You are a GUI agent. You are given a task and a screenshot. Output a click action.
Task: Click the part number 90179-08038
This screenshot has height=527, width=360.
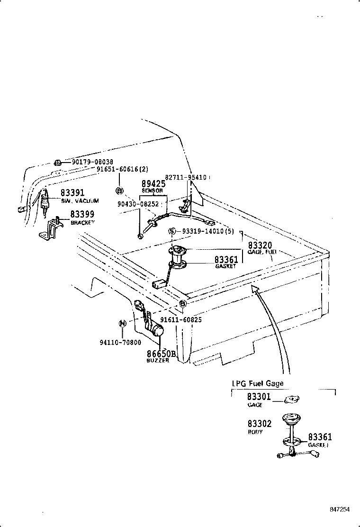click(92, 162)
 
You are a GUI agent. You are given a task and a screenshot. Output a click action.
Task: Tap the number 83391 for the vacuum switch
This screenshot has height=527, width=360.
click(72, 193)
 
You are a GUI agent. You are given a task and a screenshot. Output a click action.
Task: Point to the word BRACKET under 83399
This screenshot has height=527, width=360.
click(82, 222)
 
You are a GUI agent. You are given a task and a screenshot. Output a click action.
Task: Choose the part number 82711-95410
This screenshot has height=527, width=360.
click(186, 177)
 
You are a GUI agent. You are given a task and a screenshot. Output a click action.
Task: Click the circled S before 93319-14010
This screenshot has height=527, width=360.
click(172, 231)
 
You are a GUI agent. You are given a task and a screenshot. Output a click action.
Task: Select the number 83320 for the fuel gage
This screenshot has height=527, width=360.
click(260, 245)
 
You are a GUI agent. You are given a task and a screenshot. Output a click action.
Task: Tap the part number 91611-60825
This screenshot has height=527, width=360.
click(180, 320)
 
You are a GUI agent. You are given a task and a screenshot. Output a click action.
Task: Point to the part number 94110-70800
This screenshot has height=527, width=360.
click(120, 342)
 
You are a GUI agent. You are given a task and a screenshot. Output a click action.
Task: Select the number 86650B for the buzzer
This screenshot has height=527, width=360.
click(161, 354)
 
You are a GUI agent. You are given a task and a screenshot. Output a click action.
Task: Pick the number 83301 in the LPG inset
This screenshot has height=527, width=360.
click(259, 397)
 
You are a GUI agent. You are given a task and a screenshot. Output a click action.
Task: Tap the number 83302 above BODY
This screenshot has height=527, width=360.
click(259, 424)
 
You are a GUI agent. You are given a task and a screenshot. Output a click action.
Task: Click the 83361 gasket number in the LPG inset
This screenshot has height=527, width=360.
click(320, 437)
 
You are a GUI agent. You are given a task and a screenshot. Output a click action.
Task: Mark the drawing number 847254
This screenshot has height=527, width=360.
click(340, 509)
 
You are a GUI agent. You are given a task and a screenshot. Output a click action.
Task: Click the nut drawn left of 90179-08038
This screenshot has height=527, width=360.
click(57, 163)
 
